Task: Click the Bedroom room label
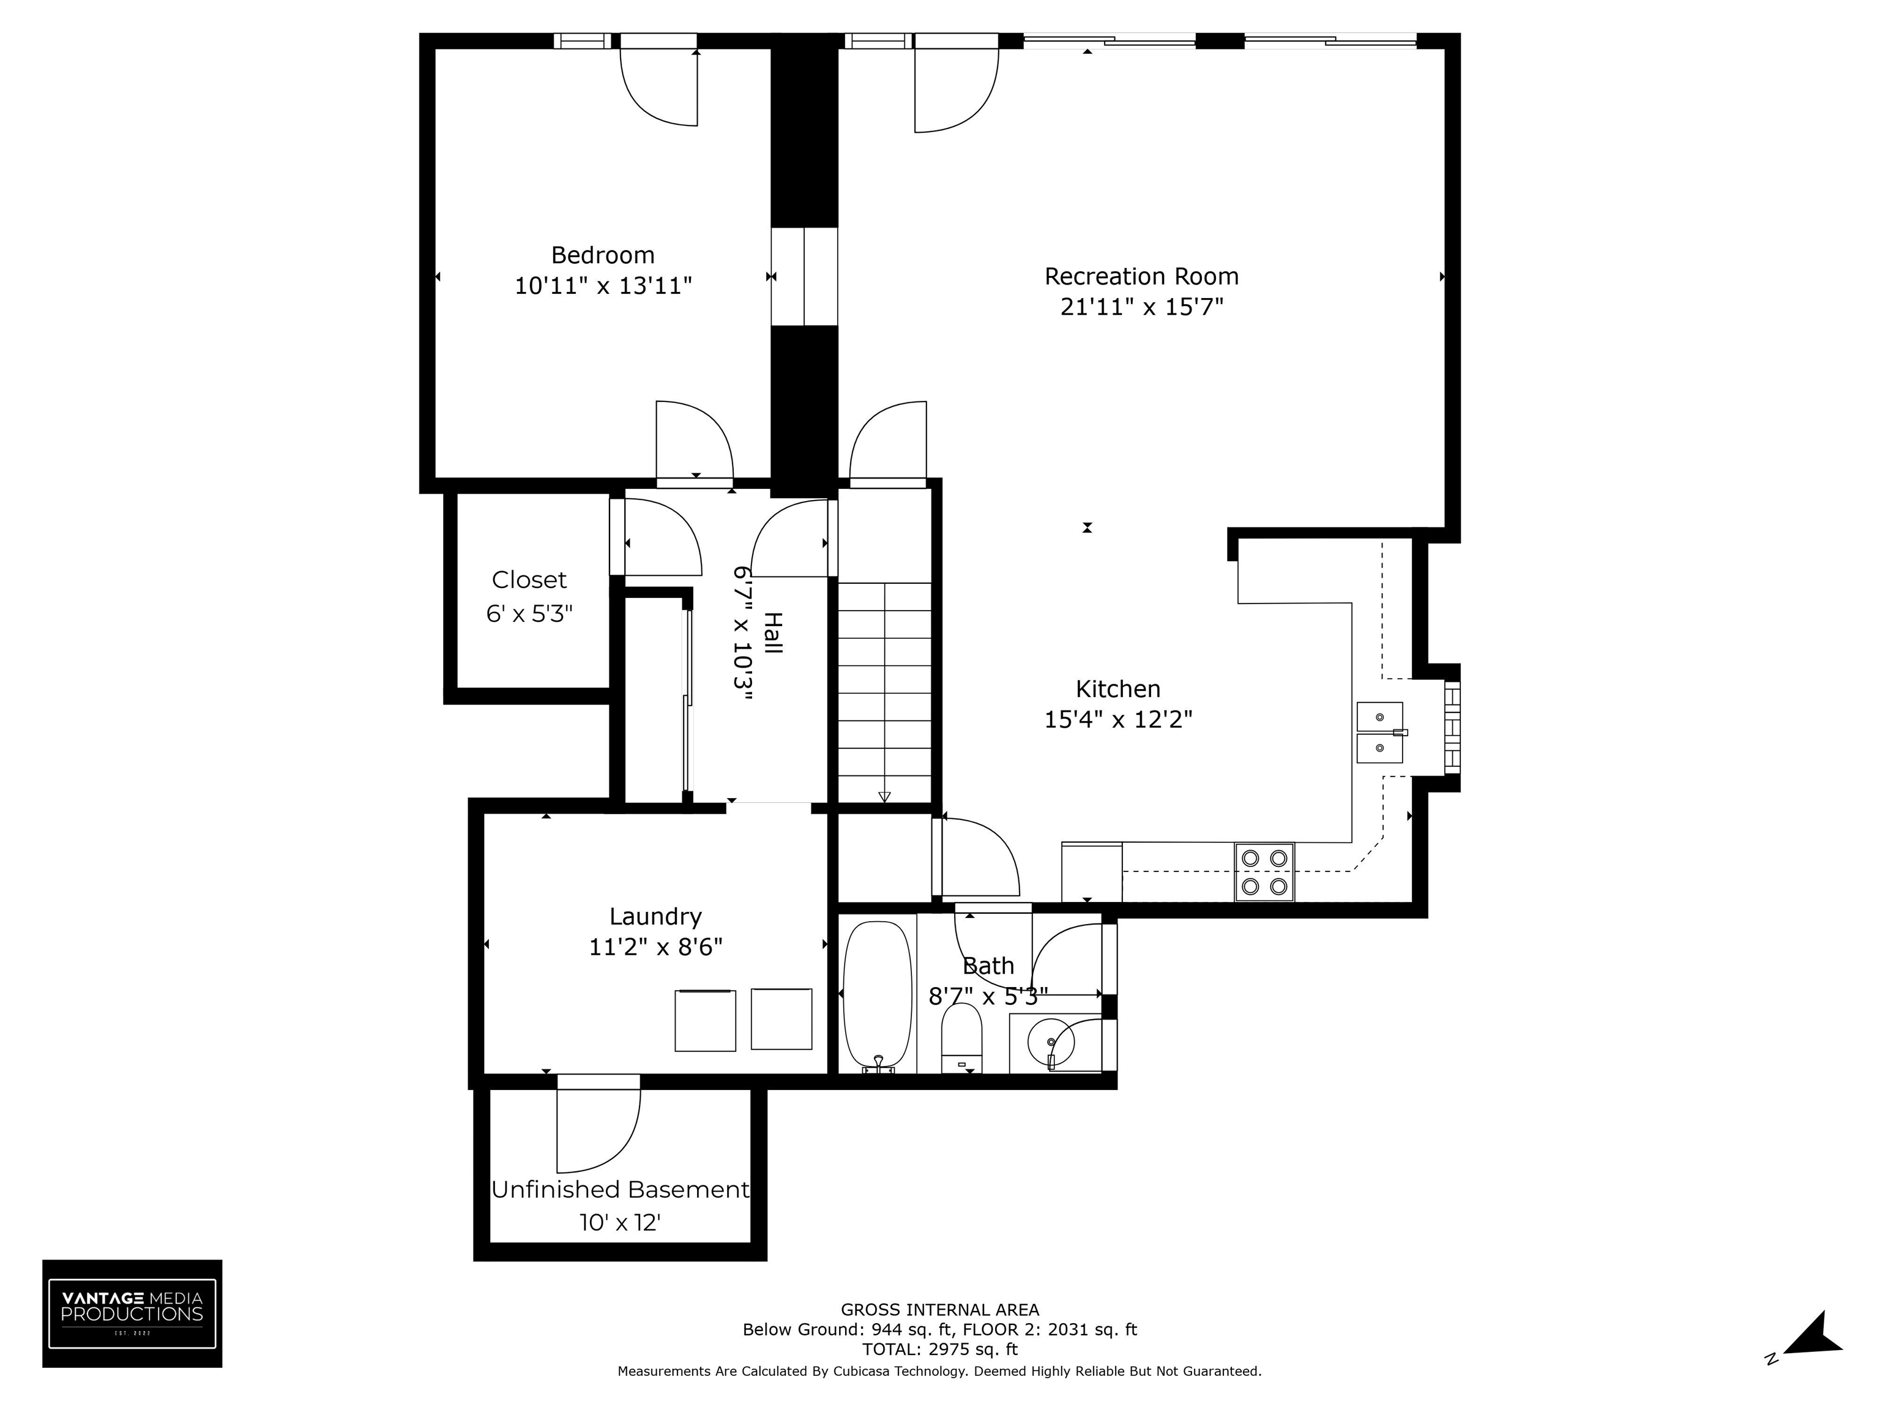[x=603, y=255]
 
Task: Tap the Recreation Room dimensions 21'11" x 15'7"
[x=1141, y=307]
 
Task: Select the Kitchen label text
[x=1117, y=688]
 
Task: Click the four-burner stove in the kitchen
[x=1264, y=872]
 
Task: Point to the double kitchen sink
[x=1379, y=733]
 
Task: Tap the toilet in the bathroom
[x=961, y=1038]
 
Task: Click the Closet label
[x=529, y=580]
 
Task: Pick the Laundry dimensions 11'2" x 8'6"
[x=655, y=947]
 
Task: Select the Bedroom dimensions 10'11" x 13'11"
[x=603, y=286]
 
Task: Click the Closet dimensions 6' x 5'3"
[x=529, y=614]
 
